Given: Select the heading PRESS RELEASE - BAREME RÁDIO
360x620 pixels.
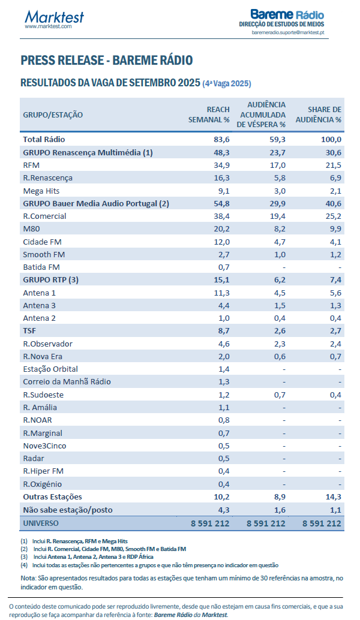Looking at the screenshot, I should (106, 61).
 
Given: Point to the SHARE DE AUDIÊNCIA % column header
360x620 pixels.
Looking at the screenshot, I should (324, 114).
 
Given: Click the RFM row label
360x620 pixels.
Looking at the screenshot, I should (31, 165).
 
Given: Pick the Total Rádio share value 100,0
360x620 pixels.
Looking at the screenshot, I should (330, 139).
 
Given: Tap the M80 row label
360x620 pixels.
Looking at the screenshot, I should (31, 228).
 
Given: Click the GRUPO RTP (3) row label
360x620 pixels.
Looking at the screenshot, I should (51, 279).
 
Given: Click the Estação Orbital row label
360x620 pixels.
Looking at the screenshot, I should (50, 369).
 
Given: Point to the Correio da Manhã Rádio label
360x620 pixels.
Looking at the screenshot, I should (67, 381).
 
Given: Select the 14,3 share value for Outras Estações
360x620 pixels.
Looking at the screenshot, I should (332, 496).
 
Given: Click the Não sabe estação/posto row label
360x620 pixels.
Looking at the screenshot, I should (67, 510).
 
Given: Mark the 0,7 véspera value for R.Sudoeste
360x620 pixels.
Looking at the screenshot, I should (278, 395).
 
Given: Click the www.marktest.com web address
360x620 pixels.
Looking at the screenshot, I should (48, 26).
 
